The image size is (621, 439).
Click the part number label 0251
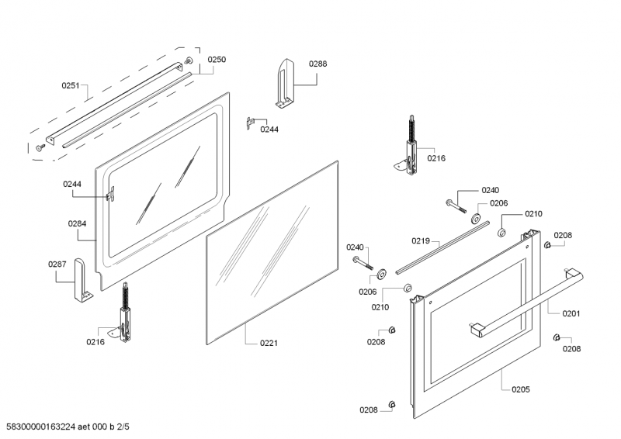point(72,86)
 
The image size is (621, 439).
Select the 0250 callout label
point(217,60)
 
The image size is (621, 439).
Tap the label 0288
point(317,64)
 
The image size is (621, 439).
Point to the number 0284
point(77,223)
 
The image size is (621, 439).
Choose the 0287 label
point(57,264)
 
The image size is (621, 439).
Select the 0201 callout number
point(571,313)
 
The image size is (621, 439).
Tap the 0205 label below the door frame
point(521,389)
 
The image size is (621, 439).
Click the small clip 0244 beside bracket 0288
point(249,121)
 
